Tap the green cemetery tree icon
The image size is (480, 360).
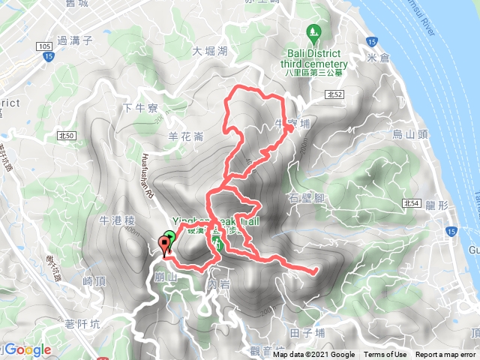313,33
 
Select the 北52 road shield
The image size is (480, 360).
335,94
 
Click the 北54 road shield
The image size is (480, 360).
409,202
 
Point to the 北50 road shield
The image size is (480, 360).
66,135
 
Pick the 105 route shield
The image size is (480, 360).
42,46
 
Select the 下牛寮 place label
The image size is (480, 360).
140,108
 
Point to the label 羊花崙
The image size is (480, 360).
186,136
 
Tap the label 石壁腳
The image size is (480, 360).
306,198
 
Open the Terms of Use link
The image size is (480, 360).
385,355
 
